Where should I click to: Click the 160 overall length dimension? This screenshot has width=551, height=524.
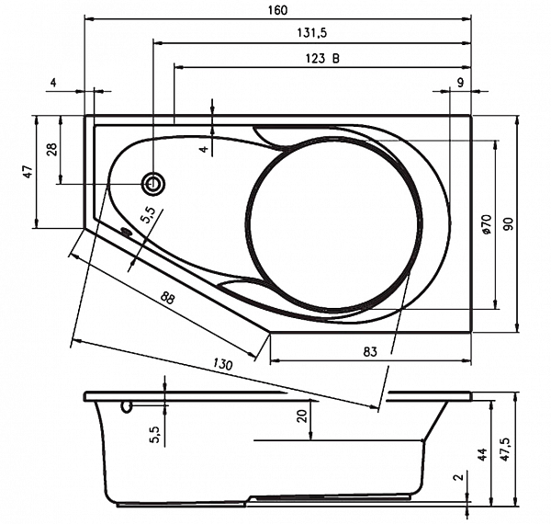point(277,10)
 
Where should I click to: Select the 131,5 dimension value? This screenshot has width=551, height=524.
point(312,33)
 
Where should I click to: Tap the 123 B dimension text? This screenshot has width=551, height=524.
point(322,58)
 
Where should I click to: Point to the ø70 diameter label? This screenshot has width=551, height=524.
point(487,224)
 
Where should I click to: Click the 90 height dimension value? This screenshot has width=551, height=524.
point(509,224)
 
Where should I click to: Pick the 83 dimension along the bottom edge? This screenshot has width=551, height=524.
point(370,351)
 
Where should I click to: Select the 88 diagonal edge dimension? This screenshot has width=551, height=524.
point(168,298)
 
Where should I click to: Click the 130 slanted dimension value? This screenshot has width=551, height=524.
point(223,364)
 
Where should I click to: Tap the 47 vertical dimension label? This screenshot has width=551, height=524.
point(28,172)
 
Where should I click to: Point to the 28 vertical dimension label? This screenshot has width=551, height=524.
point(51,150)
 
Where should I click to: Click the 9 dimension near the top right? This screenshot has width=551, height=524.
point(460,83)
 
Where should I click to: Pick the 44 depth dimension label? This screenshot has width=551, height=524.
point(484,455)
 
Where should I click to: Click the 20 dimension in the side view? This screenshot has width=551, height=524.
point(302,416)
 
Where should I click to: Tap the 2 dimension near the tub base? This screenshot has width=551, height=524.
point(459,477)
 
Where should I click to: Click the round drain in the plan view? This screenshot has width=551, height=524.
point(153,183)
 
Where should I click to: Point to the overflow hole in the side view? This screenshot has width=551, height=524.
point(127,407)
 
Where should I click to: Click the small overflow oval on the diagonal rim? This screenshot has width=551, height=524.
point(126,231)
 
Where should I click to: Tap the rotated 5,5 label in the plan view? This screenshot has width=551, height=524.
point(148,215)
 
